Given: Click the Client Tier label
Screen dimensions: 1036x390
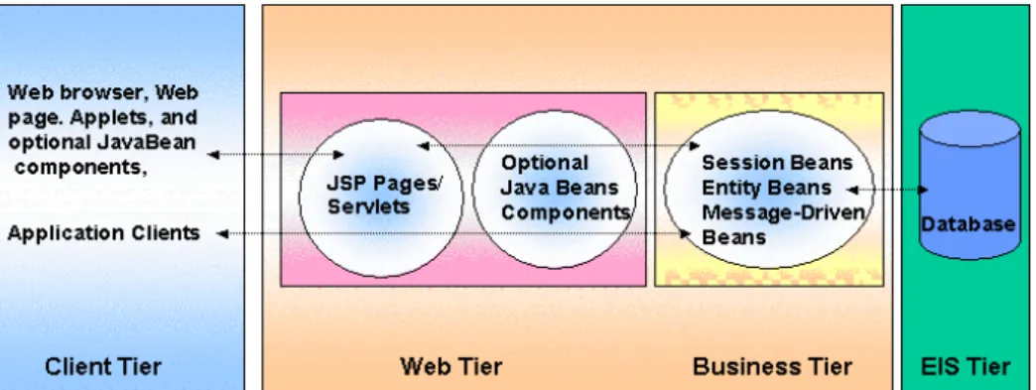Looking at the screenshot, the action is point(102,366).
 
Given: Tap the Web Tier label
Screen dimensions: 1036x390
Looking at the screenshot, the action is point(452,366).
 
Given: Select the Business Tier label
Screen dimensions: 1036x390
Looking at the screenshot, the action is point(772,366).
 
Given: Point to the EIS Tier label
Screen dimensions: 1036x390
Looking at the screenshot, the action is point(966,366).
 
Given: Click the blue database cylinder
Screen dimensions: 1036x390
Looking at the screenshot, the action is point(970,186).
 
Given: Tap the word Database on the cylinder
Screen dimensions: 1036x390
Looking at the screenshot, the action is point(968,224).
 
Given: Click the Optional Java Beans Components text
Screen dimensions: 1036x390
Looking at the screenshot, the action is point(565,188).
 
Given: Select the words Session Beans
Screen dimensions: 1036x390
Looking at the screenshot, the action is point(777,163).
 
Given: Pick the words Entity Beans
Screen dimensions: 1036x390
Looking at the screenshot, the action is point(766,188).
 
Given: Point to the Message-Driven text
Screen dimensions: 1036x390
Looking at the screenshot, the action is point(784,212).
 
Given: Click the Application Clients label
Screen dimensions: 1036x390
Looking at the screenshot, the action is point(104,233).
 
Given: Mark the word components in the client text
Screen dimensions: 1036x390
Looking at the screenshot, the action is point(80,168).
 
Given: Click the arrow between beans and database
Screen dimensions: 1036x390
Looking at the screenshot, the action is point(887,190).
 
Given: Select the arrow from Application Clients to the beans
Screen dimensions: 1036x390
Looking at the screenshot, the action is point(454,233).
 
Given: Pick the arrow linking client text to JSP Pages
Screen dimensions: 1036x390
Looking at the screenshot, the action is point(276,155).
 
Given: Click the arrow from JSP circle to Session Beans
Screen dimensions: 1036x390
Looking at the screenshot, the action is point(559,146).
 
